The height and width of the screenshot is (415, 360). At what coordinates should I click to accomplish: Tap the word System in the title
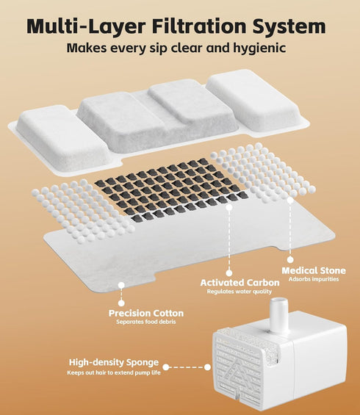click(289, 26)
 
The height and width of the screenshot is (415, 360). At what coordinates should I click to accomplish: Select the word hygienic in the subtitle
click(259, 48)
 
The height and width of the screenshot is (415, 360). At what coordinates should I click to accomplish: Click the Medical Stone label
click(314, 270)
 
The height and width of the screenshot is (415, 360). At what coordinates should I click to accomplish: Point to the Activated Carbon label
click(240, 283)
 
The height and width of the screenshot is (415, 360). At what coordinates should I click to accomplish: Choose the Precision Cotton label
click(146, 314)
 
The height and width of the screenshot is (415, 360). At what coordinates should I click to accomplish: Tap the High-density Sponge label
click(114, 362)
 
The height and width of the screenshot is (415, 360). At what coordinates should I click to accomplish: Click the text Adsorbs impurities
click(314, 279)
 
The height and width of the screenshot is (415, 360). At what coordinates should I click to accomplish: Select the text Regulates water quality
click(240, 292)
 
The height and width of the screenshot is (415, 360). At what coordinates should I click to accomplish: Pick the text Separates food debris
click(146, 322)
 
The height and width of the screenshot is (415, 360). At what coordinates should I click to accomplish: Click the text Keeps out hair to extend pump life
click(114, 372)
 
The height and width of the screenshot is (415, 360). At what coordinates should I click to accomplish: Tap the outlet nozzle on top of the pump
click(278, 314)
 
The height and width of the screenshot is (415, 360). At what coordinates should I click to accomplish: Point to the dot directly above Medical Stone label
click(290, 259)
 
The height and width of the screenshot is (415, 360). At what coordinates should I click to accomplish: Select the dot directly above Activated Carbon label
click(229, 273)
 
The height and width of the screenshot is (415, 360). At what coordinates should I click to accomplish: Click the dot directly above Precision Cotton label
click(121, 303)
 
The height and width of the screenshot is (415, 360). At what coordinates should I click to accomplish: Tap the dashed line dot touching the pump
click(207, 367)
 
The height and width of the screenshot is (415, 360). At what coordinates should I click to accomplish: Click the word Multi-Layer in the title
click(86, 26)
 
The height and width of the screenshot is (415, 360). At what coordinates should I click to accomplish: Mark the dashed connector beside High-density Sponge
click(187, 367)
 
